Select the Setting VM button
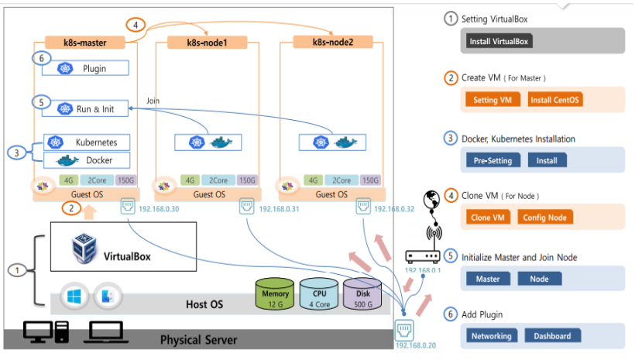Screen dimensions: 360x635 [493, 100]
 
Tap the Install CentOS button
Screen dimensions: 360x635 [554, 100]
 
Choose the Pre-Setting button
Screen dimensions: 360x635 [493, 160]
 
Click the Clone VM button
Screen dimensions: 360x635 [488, 218]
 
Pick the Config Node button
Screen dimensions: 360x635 [545, 218]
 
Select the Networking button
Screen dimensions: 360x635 [492, 336]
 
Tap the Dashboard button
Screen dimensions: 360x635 [552, 336]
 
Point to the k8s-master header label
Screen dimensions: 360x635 [84, 41]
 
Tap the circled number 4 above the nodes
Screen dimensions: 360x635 [136, 25]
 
